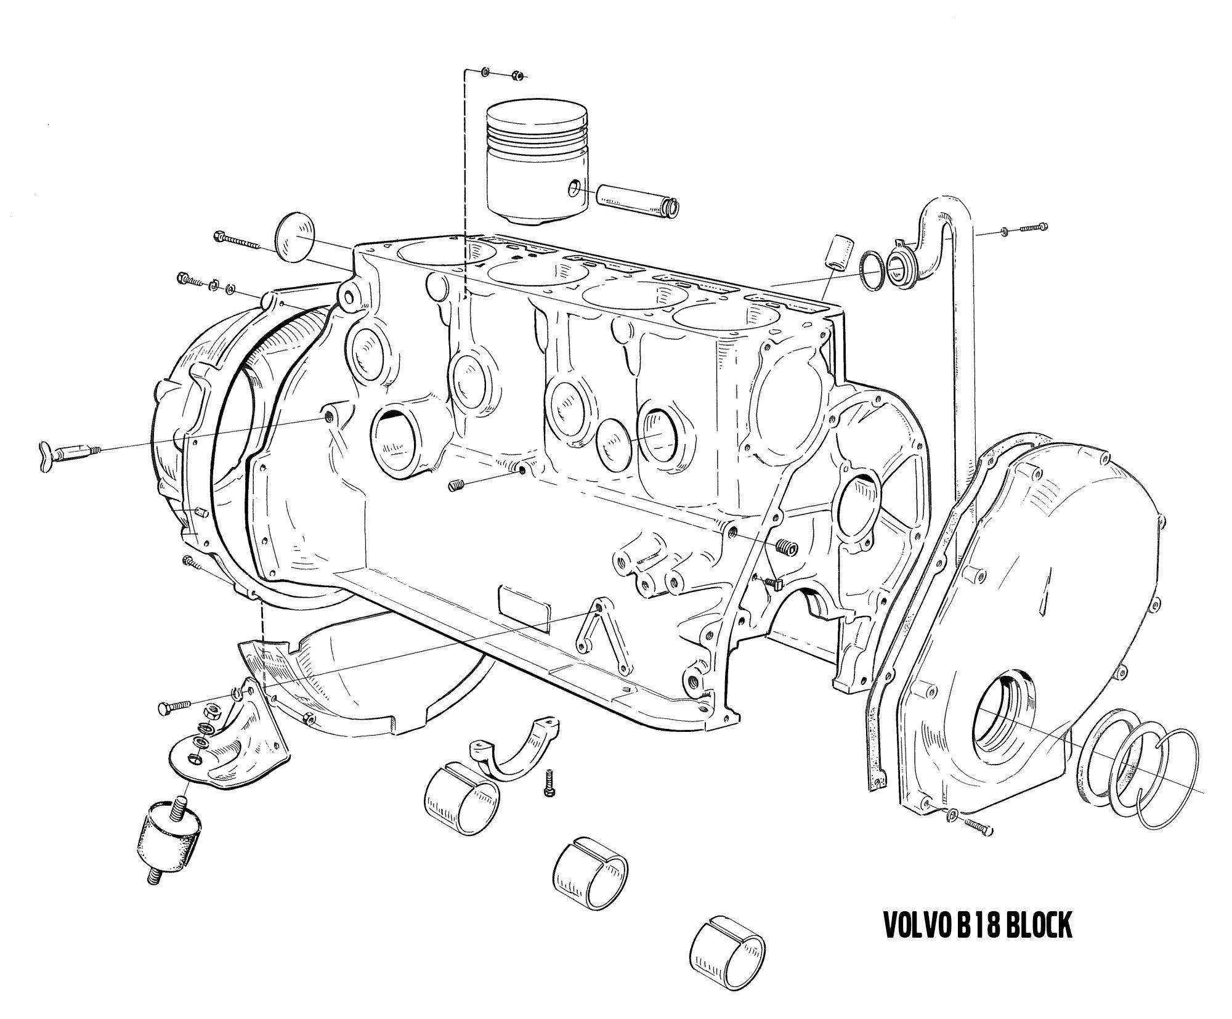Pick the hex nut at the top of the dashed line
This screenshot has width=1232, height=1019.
(517, 76)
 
